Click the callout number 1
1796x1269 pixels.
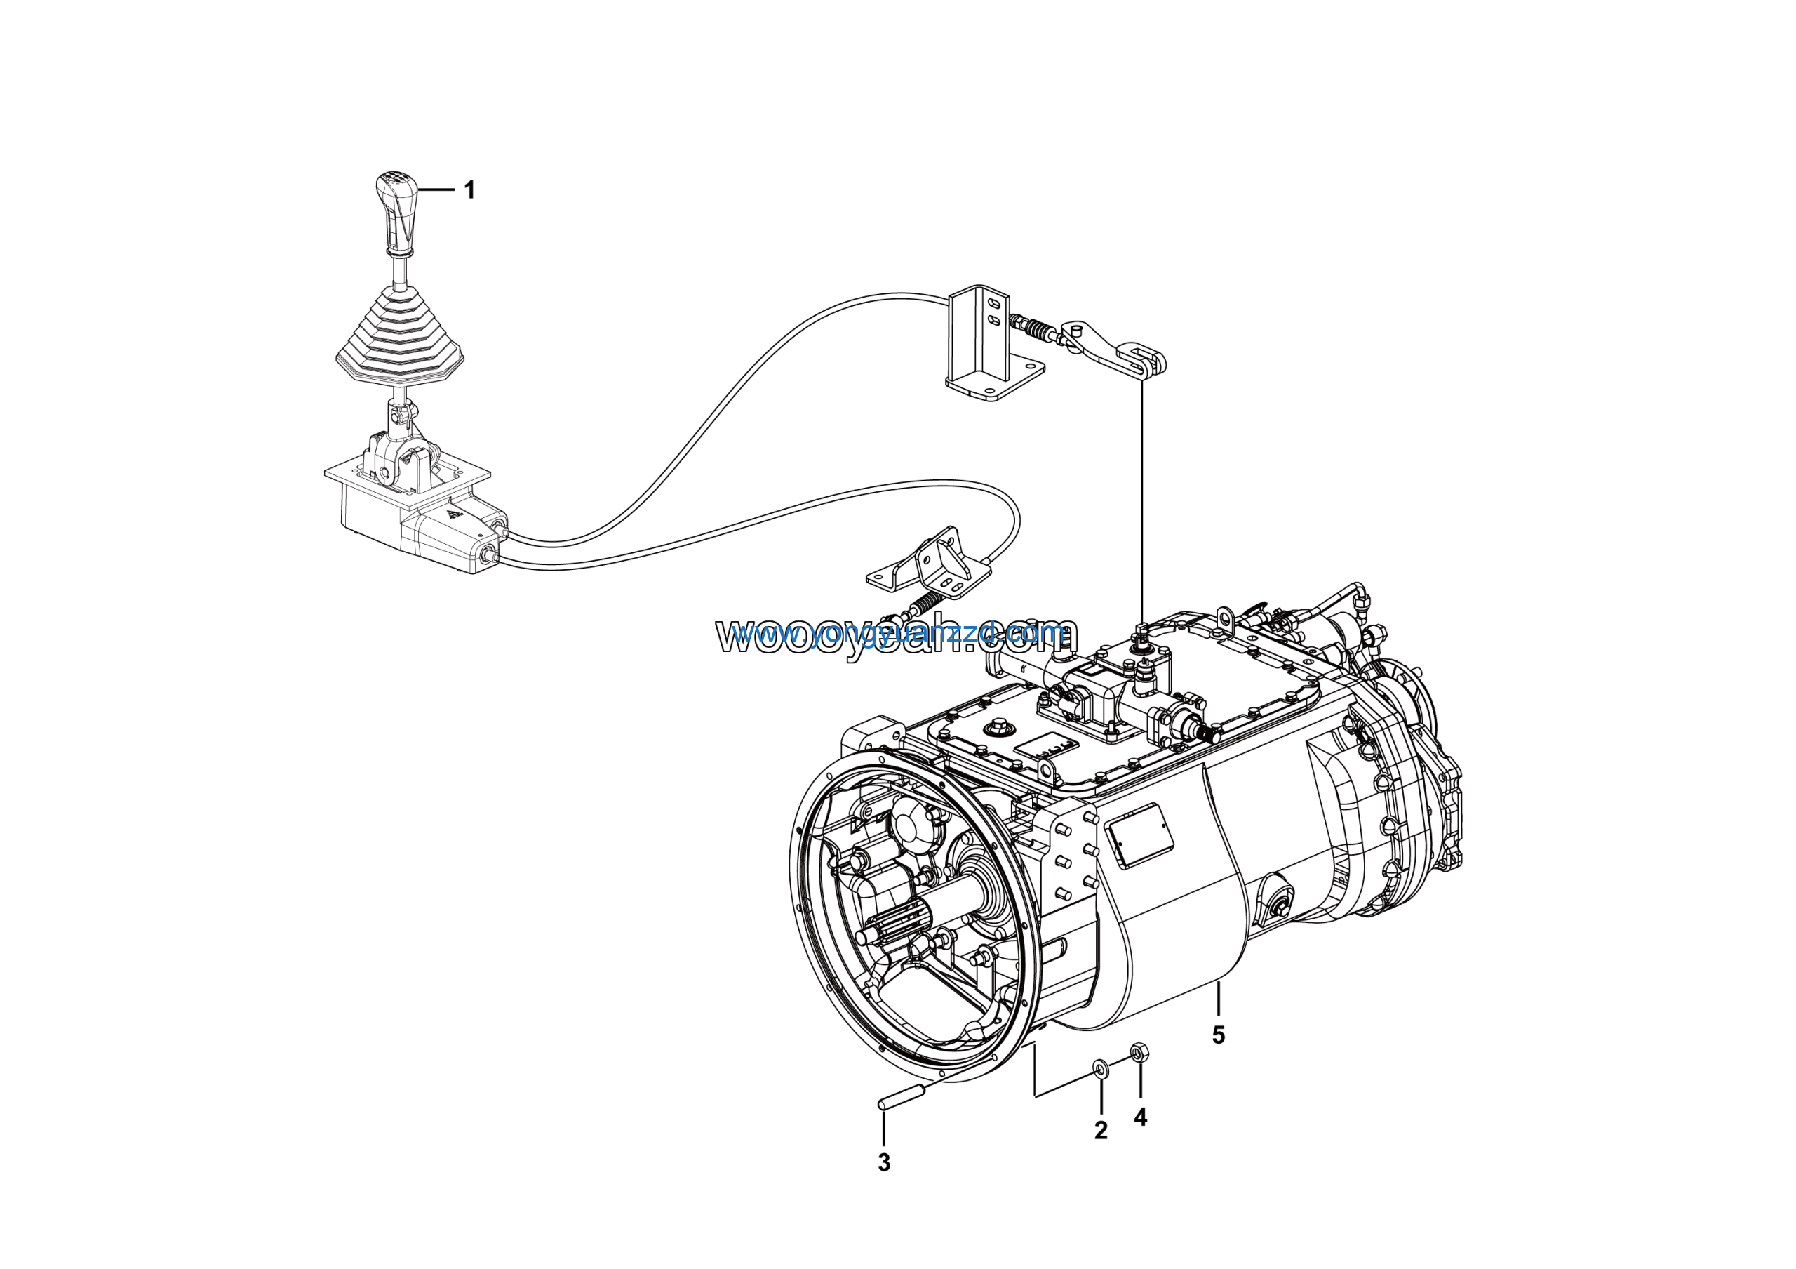pyautogui.click(x=469, y=190)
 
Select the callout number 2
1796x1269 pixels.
pyautogui.click(x=1101, y=1131)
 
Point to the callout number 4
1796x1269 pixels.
pyautogui.click(x=1141, y=1118)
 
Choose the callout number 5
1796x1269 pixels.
pyautogui.click(x=1218, y=1035)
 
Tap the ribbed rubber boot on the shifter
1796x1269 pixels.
pyautogui.click(x=399, y=340)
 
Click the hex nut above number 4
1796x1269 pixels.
pyautogui.click(x=1140, y=1052)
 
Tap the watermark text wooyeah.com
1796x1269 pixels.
pyautogui.click(x=896, y=635)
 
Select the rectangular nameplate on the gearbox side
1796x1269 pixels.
pyautogui.click(x=1140, y=835)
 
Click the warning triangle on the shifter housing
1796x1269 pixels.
pyautogui.click(x=453, y=514)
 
